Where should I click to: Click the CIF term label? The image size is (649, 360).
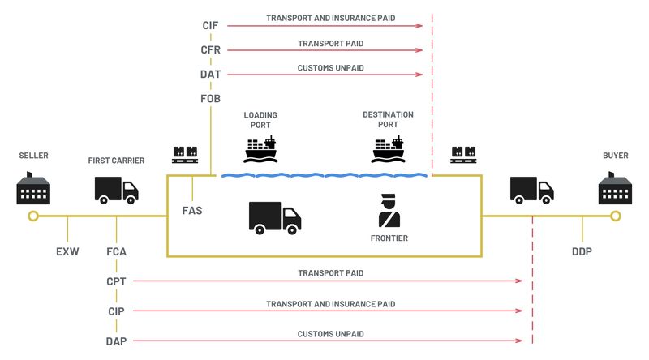(211, 26)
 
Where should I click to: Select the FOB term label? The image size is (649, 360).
(211, 99)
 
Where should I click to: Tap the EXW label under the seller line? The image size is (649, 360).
(67, 251)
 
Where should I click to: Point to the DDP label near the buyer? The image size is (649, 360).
(582, 251)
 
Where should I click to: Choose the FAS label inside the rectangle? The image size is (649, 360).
(192, 211)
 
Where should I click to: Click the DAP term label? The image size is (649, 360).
(116, 341)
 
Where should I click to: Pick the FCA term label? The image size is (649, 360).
(116, 251)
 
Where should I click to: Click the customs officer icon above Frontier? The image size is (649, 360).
(389, 211)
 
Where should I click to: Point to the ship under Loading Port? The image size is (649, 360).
(260, 149)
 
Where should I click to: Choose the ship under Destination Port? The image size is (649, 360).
(388, 149)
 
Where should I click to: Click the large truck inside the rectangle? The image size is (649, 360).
(274, 217)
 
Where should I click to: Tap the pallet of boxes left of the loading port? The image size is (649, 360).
(185, 152)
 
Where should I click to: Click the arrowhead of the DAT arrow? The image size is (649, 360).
(419, 75)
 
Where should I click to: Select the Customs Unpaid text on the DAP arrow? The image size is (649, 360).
(330, 334)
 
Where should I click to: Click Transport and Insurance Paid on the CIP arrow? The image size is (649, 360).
(330, 304)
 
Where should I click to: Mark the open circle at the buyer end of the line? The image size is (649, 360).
(616, 216)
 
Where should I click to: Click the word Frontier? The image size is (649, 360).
(389, 238)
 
